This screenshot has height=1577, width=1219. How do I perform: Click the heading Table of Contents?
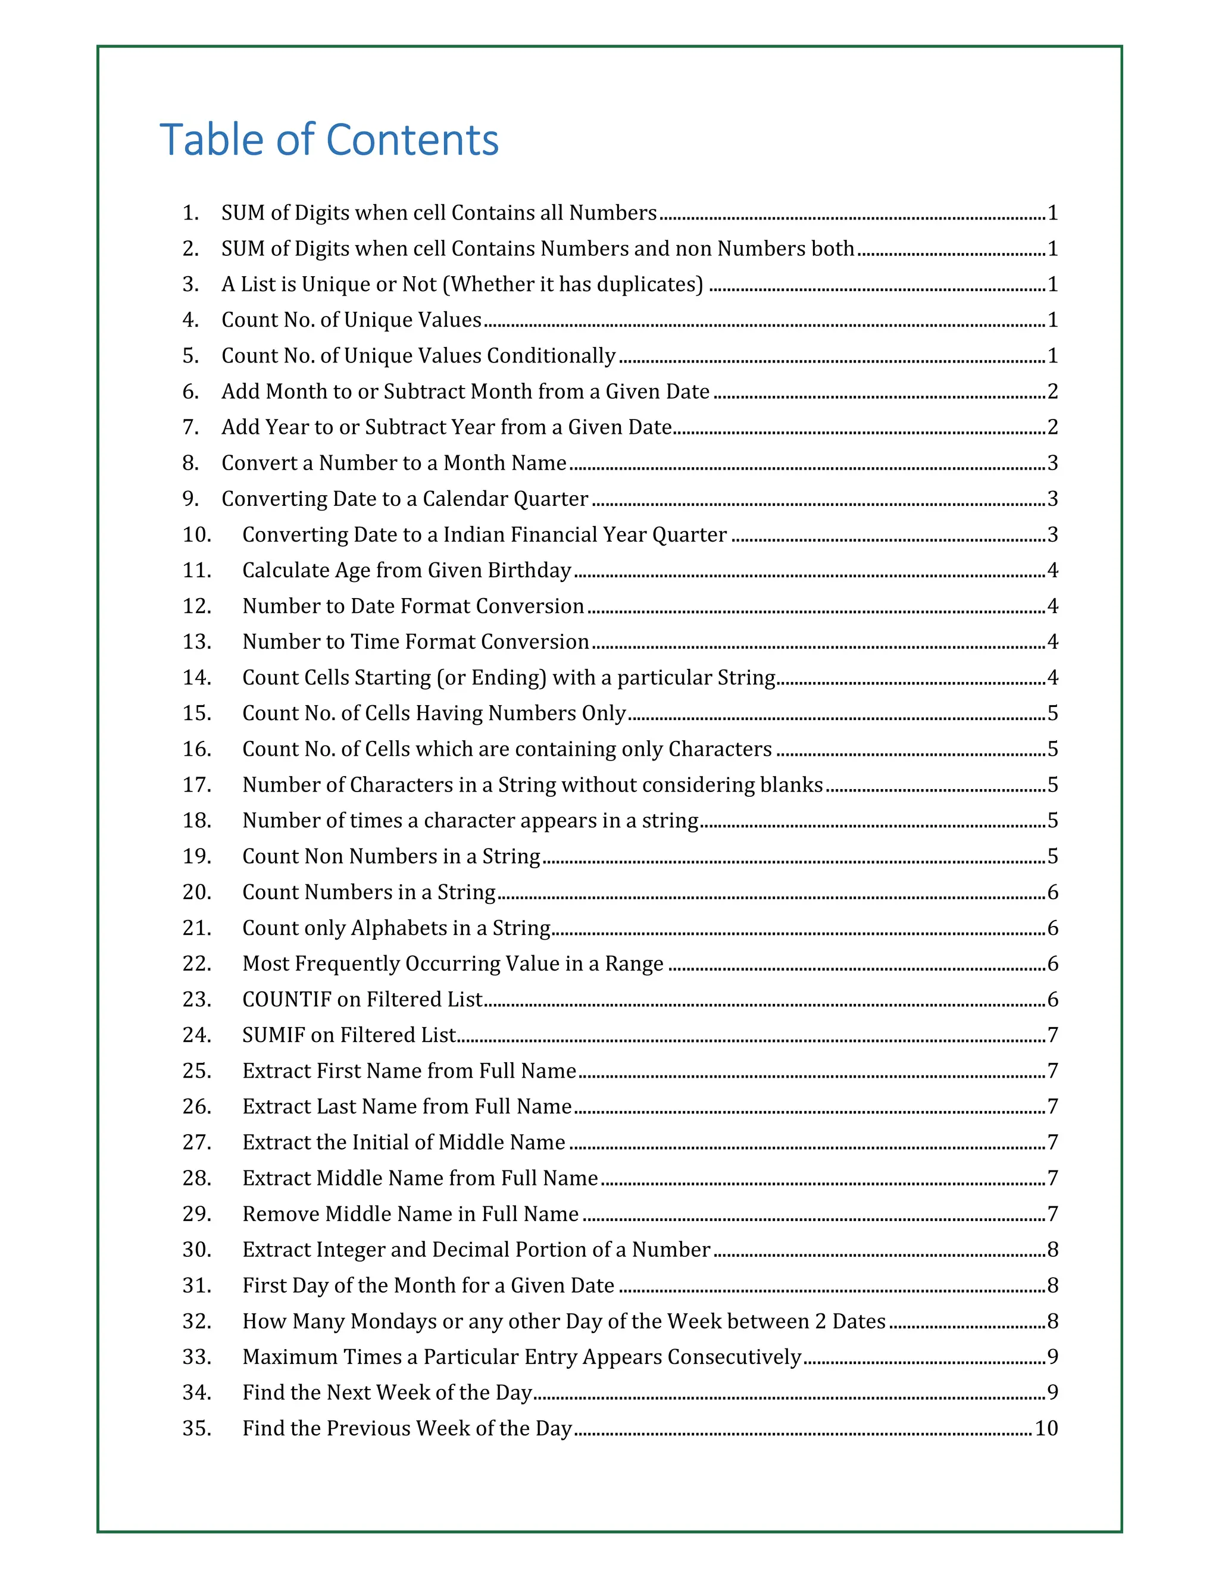pyautogui.click(x=329, y=139)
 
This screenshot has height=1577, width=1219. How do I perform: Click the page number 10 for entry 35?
pyautogui.click(x=1046, y=1428)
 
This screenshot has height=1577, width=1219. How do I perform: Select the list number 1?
pyautogui.click(x=190, y=213)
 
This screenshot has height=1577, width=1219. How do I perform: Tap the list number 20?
pyautogui.click(x=196, y=893)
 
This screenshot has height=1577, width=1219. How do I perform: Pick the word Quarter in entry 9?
pyautogui.click(x=553, y=499)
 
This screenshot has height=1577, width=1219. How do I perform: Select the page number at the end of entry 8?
pyautogui.click(x=1052, y=463)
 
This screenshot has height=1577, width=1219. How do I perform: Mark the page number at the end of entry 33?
pyautogui.click(x=1052, y=1357)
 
